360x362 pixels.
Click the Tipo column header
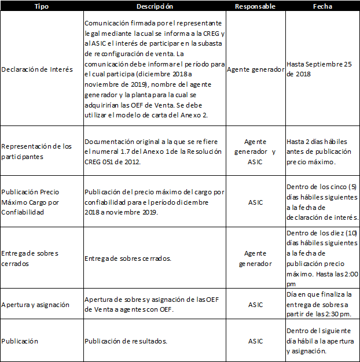pyautogui.click(x=42, y=6)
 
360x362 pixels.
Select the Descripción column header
pyautogui.click(x=154, y=6)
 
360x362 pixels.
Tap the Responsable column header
pyautogui.click(x=255, y=6)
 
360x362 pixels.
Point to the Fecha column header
pyautogui.click(x=322, y=6)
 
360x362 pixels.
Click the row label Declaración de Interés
pyautogui.click(x=37, y=69)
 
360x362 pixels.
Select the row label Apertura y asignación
pyautogui.click(x=35, y=305)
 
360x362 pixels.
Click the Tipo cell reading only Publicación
pyautogui.click(x=20, y=341)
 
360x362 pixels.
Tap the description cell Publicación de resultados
pyautogui.click(x=126, y=341)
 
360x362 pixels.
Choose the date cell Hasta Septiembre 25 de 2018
pyautogui.click(x=319, y=69)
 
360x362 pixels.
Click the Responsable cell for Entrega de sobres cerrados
pyautogui.click(x=255, y=258)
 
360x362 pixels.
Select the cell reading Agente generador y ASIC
pyautogui.click(x=255, y=152)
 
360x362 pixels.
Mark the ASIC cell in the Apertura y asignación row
pyautogui.click(x=255, y=305)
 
